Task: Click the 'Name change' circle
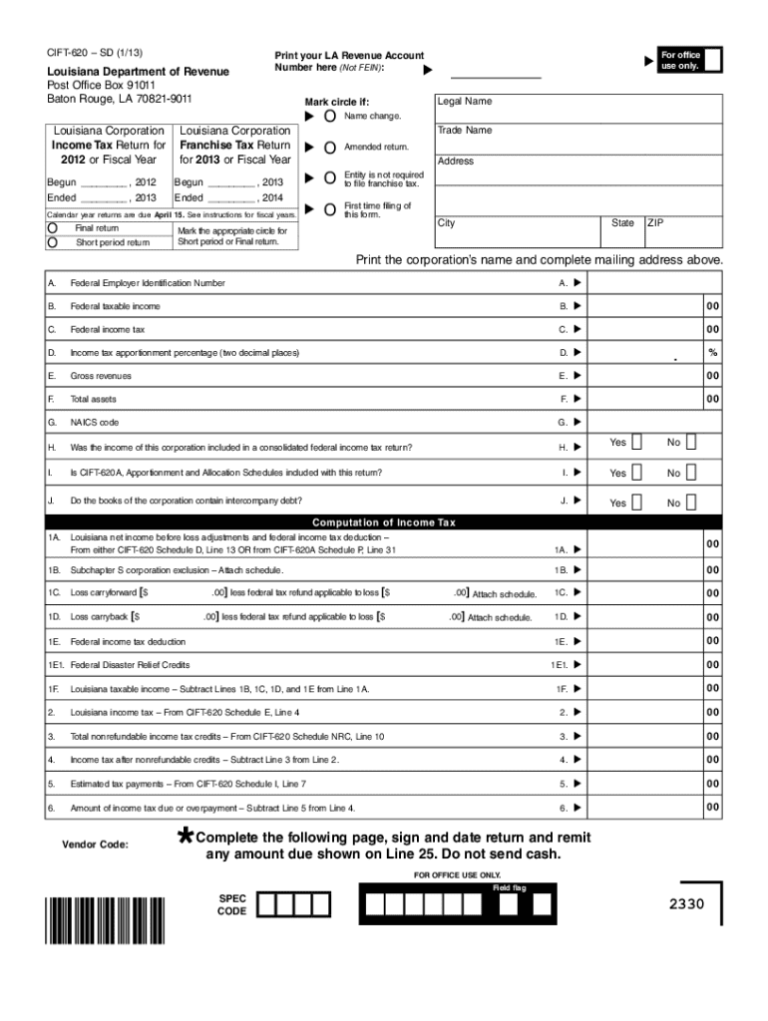pyautogui.click(x=330, y=117)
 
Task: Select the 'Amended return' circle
pyautogui.click(x=330, y=148)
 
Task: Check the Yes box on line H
pyautogui.click(x=637, y=443)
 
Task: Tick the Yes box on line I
pyautogui.click(x=637, y=473)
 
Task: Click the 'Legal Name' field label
pyautogui.click(x=464, y=102)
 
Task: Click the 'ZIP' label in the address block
pyautogui.click(x=655, y=223)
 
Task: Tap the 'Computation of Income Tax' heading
pyautogui.click(x=384, y=522)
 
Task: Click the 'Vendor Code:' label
pyautogui.click(x=96, y=845)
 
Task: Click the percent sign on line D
pyautogui.click(x=712, y=353)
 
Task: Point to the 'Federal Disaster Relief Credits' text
pyautogui.click(x=130, y=665)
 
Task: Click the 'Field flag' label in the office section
pyautogui.click(x=510, y=887)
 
